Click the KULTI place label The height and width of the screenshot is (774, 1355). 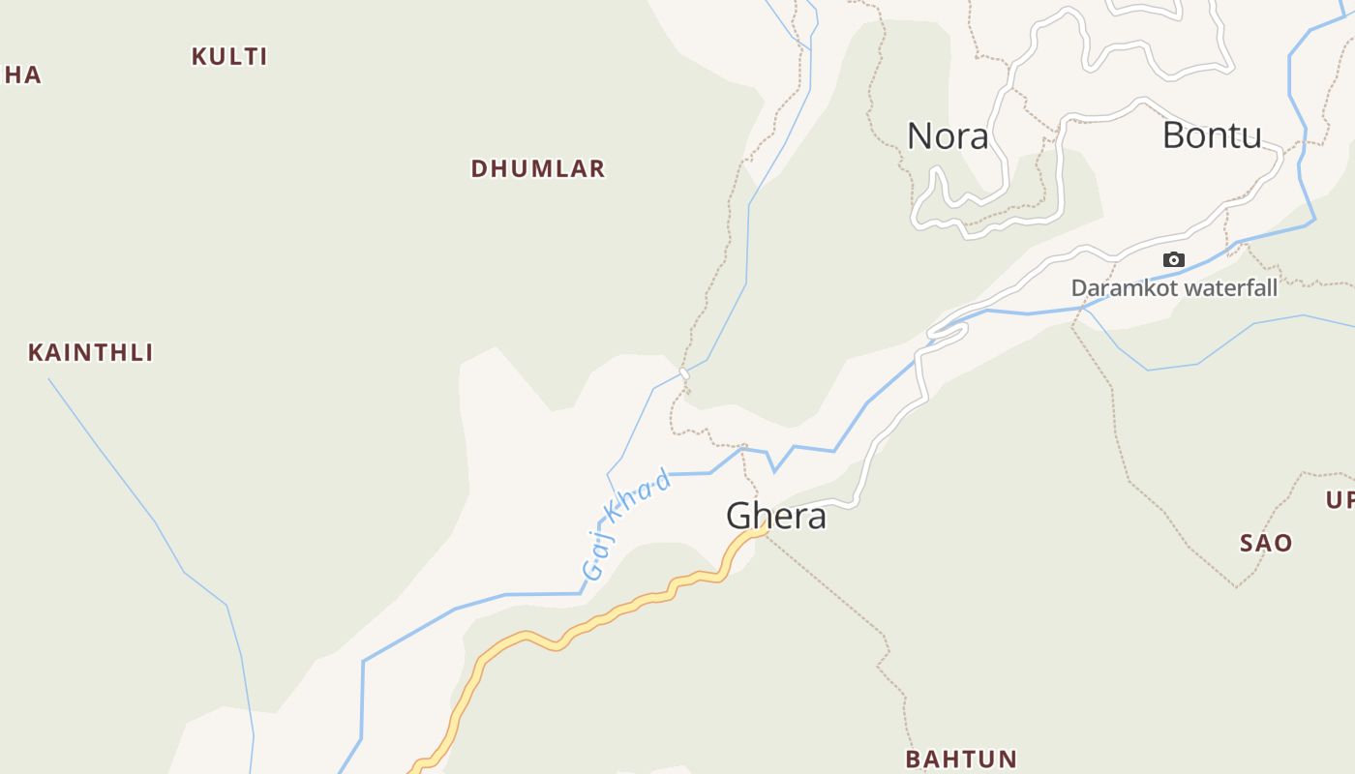(229, 56)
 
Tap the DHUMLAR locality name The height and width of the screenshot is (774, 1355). (538, 168)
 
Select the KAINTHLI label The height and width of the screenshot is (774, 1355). (91, 352)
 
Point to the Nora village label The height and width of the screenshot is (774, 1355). (948, 136)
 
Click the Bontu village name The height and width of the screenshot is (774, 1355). (1212, 135)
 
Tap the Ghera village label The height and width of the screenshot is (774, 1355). (776, 516)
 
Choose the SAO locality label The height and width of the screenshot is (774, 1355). (1266, 543)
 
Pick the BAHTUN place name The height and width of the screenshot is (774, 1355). (961, 759)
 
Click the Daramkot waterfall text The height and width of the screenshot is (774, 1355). (1174, 287)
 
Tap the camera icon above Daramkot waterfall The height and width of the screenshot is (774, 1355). (1174, 259)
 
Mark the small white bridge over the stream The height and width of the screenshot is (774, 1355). (684, 372)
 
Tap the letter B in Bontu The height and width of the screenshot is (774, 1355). (1173, 135)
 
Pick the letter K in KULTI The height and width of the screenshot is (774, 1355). (198, 56)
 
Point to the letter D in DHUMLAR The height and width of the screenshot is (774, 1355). (478, 168)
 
